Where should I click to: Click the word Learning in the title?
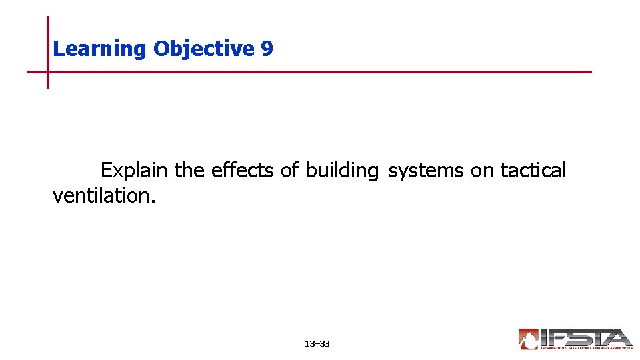pos(100,49)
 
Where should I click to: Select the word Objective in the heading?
pos(203,49)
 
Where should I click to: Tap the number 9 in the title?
pos(267,49)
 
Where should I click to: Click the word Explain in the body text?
pos(134,171)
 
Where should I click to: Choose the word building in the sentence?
pos(341,171)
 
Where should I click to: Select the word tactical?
pos(533,171)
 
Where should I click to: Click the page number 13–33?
pos(317,344)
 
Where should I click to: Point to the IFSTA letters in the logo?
pos(587,337)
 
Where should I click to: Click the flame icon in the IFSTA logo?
pos(528,339)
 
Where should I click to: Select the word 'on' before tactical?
pos(482,171)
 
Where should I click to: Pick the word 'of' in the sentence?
pos(289,171)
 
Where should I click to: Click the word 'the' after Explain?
pos(190,171)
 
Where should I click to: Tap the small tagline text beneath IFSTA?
pos(587,347)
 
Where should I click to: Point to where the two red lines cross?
pos(48,71)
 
